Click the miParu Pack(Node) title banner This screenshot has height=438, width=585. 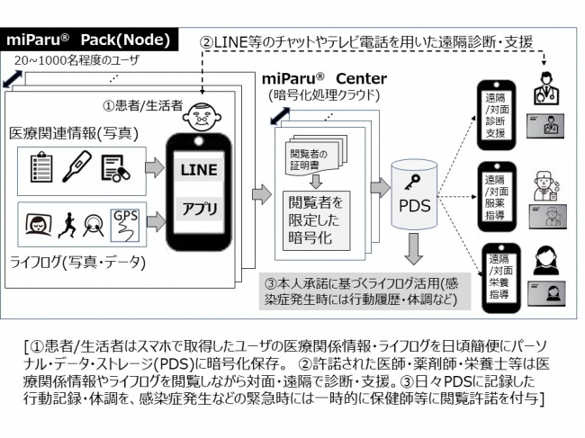pos(90,41)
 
